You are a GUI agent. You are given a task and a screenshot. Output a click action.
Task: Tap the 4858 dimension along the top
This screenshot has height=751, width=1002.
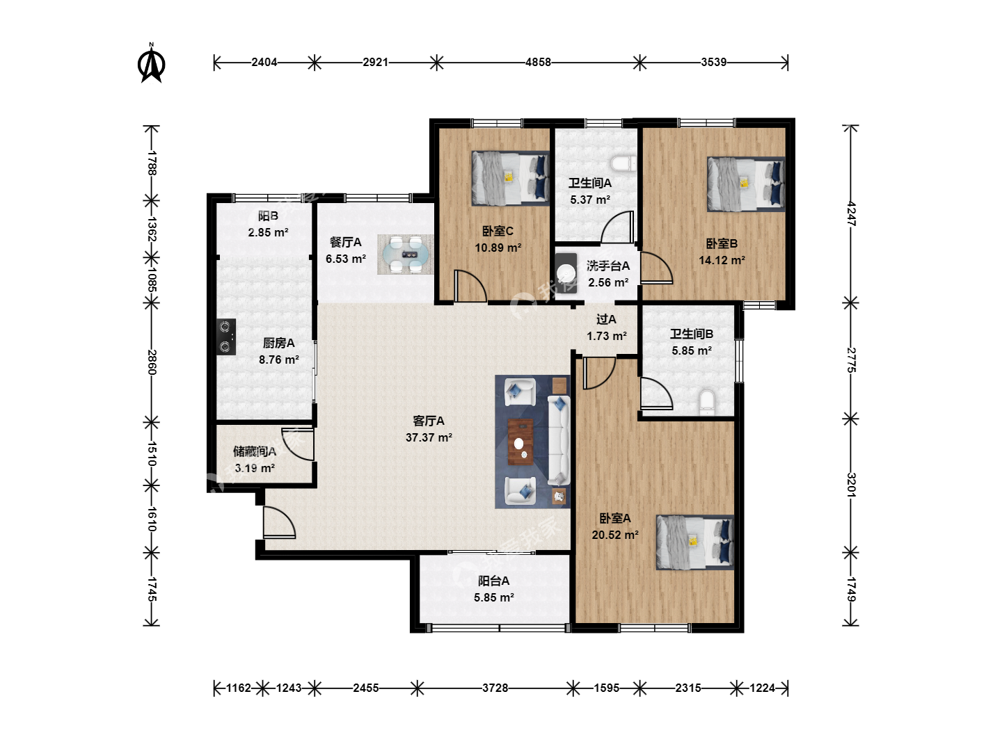pos(538,62)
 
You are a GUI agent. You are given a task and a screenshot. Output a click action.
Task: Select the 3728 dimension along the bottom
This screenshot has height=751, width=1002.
pos(495,688)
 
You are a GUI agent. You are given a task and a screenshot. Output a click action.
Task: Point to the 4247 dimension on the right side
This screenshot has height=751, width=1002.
pos(851,213)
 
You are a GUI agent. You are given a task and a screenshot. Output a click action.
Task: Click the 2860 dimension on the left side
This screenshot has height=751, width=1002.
pos(152,362)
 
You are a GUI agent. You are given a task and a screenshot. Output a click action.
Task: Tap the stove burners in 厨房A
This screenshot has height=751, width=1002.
pos(225,337)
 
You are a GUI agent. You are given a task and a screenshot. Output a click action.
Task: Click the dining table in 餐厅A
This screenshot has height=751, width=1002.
pos(406,255)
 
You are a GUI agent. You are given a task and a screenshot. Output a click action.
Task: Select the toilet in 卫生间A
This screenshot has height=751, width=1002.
pos(623,164)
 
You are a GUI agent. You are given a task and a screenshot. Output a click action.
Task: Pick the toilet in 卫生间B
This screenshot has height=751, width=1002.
pos(707,402)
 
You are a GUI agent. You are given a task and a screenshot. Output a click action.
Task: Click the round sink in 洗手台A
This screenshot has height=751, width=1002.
pos(566,273)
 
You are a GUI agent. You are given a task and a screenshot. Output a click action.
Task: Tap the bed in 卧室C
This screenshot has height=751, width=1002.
pos(510,178)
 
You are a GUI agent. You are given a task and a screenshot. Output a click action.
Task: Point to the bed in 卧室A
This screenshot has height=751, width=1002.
pos(694,542)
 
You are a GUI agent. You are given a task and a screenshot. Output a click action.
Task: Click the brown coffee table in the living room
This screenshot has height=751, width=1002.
pos(520,442)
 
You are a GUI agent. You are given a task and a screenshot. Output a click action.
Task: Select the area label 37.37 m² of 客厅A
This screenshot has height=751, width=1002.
pos(429,438)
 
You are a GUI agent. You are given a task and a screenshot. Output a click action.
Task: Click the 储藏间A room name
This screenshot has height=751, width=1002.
pos(254,451)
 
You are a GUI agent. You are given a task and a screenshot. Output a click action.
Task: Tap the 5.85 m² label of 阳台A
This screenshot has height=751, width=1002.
pos(494,597)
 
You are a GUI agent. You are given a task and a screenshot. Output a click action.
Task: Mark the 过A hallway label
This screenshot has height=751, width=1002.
pos(606,320)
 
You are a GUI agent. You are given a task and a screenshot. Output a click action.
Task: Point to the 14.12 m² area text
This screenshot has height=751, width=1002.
pos(722,260)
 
